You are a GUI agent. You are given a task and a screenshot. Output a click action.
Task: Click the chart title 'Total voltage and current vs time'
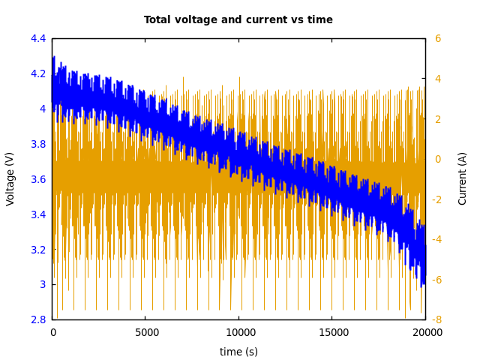point(238,20)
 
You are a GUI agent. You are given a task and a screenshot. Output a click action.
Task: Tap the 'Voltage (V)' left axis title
point(10,178)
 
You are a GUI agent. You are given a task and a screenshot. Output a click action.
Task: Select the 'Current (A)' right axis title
point(463,178)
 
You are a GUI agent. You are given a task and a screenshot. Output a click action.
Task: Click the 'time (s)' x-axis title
point(238,352)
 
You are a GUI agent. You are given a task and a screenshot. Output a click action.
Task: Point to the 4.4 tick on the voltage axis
point(38,38)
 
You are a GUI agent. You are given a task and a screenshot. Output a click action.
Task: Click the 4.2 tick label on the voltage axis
point(38,73)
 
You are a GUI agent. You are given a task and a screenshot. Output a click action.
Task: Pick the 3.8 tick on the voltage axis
point(38,144)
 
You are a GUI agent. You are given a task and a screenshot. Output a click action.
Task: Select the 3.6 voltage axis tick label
point(38,179)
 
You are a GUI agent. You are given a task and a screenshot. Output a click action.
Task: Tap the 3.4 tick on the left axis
point(38,214)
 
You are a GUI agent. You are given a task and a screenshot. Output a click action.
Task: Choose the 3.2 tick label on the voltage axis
point(38,250)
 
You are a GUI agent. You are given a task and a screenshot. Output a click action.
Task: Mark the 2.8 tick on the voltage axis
point(38,319)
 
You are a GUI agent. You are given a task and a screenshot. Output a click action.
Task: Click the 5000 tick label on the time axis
point(145,332)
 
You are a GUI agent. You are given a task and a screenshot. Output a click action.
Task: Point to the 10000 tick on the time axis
point(239,332)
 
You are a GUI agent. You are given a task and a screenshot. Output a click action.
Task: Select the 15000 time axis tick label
point(332,332)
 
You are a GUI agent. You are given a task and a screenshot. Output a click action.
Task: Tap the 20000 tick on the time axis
point(425,332)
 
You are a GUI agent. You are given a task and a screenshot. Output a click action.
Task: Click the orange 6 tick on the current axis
point(438,38)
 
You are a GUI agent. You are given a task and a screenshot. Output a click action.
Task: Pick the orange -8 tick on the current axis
point(436,319)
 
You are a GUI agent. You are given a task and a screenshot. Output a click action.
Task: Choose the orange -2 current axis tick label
point(436,199)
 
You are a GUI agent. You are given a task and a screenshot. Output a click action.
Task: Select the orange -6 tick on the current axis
point(436,280)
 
